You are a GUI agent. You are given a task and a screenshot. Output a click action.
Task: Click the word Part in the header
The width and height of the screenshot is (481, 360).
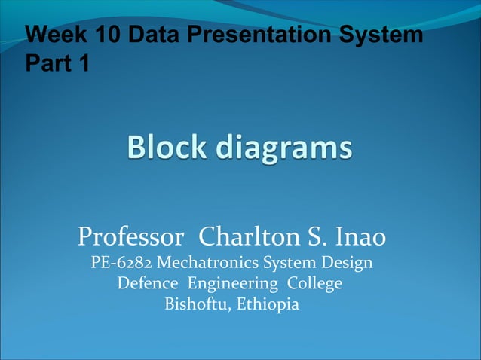pos(49,64)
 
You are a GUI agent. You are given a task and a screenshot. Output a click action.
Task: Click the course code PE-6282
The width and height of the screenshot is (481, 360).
pos(121,264)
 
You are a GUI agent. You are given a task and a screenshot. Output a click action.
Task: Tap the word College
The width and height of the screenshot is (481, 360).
pos(316,285)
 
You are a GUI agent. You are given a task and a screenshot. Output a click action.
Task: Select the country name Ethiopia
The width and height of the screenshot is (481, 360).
pos(268,305)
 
